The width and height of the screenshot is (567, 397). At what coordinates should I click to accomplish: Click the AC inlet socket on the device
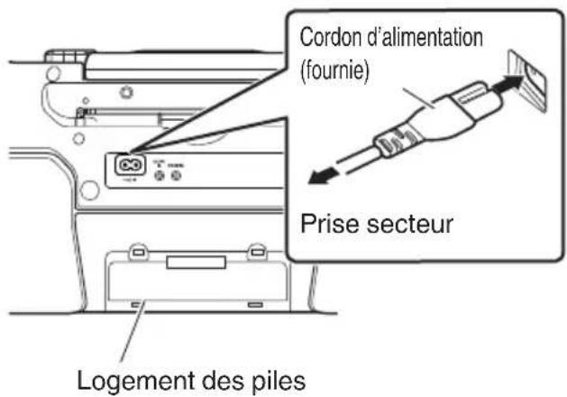coord(125,165)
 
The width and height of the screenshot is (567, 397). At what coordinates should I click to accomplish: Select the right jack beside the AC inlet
coord(177,177)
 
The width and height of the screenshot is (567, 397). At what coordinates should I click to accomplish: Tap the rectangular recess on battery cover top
coord(191,263)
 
